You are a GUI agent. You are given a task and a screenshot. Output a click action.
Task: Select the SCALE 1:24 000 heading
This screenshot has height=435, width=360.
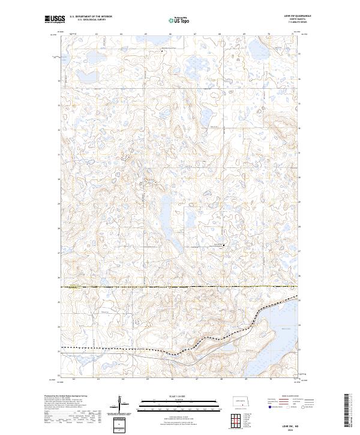click(x=172, y=396)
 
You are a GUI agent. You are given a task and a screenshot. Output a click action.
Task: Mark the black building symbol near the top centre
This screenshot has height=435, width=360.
click(x=163, y=52)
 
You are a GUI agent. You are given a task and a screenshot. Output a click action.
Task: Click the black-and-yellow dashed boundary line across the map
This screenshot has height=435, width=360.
click(x=180, y=287)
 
